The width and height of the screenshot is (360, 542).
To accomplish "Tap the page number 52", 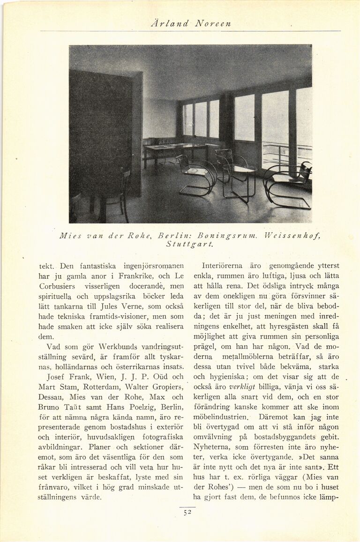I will click(x=187, y=512).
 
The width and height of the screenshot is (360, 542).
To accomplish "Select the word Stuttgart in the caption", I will click(x=190, y=244).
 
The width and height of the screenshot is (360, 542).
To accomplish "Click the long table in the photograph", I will click(x=176, y=149).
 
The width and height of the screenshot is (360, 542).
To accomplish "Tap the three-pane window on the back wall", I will click(x=200, y=120).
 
